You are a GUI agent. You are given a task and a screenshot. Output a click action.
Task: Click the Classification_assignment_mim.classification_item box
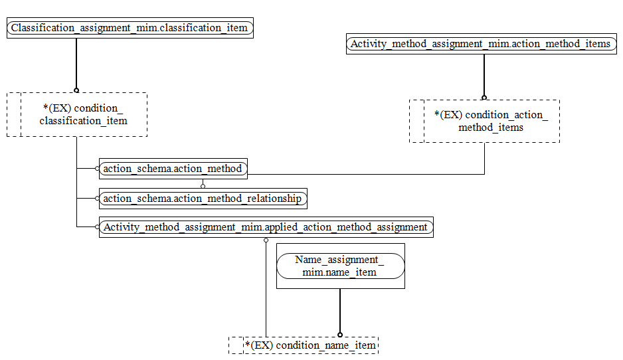tap(130, 28)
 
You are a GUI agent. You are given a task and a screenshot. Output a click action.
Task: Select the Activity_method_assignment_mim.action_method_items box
tap(480, 44)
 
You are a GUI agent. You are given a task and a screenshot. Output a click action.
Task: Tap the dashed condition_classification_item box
tap(76, 115)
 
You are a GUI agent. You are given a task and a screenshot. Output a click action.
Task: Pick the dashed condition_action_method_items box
tap(484, 122)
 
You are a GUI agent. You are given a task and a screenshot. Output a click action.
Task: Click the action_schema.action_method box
tap(173, 169)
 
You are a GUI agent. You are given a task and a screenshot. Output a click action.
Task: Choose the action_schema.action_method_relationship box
tap(203, 198)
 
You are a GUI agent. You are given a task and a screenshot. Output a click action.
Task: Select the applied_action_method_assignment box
tap(266, 227)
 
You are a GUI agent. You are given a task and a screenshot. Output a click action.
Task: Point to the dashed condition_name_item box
tap(304, 345)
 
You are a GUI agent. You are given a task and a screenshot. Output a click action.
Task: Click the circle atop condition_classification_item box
tap(76, 90)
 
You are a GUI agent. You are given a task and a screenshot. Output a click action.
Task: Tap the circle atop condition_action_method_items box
tap(484, 98)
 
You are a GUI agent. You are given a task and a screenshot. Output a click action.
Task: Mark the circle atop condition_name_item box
tap(340, 335)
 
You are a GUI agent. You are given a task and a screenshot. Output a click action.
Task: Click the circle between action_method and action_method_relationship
tap(203, 186)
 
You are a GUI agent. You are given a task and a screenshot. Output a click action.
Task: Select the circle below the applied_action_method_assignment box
tap(266, 240)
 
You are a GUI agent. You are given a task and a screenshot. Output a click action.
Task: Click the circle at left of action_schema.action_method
tap(97, 169)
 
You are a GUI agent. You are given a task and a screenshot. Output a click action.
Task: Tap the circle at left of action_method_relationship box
tap(97, 198)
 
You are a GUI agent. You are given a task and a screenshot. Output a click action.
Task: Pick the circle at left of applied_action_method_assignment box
tap(97, 227)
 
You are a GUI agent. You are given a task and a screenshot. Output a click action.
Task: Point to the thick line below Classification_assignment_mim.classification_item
tap(76, 63)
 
